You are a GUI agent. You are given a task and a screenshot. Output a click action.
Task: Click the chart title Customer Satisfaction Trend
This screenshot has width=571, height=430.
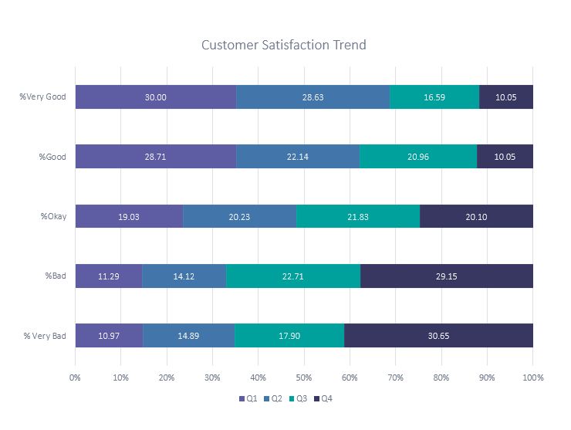point(283,45)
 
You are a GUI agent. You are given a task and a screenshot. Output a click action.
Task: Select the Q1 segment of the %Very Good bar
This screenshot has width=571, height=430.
point(156,97)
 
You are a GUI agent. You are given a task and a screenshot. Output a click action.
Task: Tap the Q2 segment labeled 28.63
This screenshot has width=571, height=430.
point(313,97)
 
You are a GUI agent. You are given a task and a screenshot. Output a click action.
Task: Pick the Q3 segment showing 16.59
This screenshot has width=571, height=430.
point(434,97)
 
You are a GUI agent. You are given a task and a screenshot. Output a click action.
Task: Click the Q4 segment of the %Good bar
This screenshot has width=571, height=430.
point(505,157)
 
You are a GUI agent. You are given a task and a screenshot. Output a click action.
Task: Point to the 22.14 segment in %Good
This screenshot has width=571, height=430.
point(298,157)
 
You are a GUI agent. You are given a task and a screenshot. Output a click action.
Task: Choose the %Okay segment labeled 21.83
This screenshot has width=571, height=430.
point(358,217)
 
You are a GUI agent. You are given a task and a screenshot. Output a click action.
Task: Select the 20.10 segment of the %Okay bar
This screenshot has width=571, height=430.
point(476,217)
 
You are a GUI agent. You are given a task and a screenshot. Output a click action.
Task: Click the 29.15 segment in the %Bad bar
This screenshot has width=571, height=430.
point(447,276)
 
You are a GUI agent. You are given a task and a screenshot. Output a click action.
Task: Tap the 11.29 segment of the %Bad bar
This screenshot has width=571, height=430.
point(109,276)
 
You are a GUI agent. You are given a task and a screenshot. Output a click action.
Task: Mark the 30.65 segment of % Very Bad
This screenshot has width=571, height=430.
point(438,336)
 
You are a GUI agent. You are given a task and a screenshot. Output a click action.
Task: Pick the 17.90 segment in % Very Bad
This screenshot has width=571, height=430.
point(289,336)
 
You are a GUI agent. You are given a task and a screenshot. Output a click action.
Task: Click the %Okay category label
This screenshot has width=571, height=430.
point(53,217)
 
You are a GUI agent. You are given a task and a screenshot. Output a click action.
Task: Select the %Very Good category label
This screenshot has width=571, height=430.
point(43,97)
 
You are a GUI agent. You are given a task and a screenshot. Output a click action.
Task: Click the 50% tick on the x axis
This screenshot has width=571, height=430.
point(304,378)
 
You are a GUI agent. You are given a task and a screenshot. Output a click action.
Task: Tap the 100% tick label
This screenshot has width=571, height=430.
point(532,378)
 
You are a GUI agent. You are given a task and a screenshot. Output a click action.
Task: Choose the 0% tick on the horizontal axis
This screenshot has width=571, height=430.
point(75,378)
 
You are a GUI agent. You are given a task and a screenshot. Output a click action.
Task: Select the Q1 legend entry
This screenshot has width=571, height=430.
point(248,398)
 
